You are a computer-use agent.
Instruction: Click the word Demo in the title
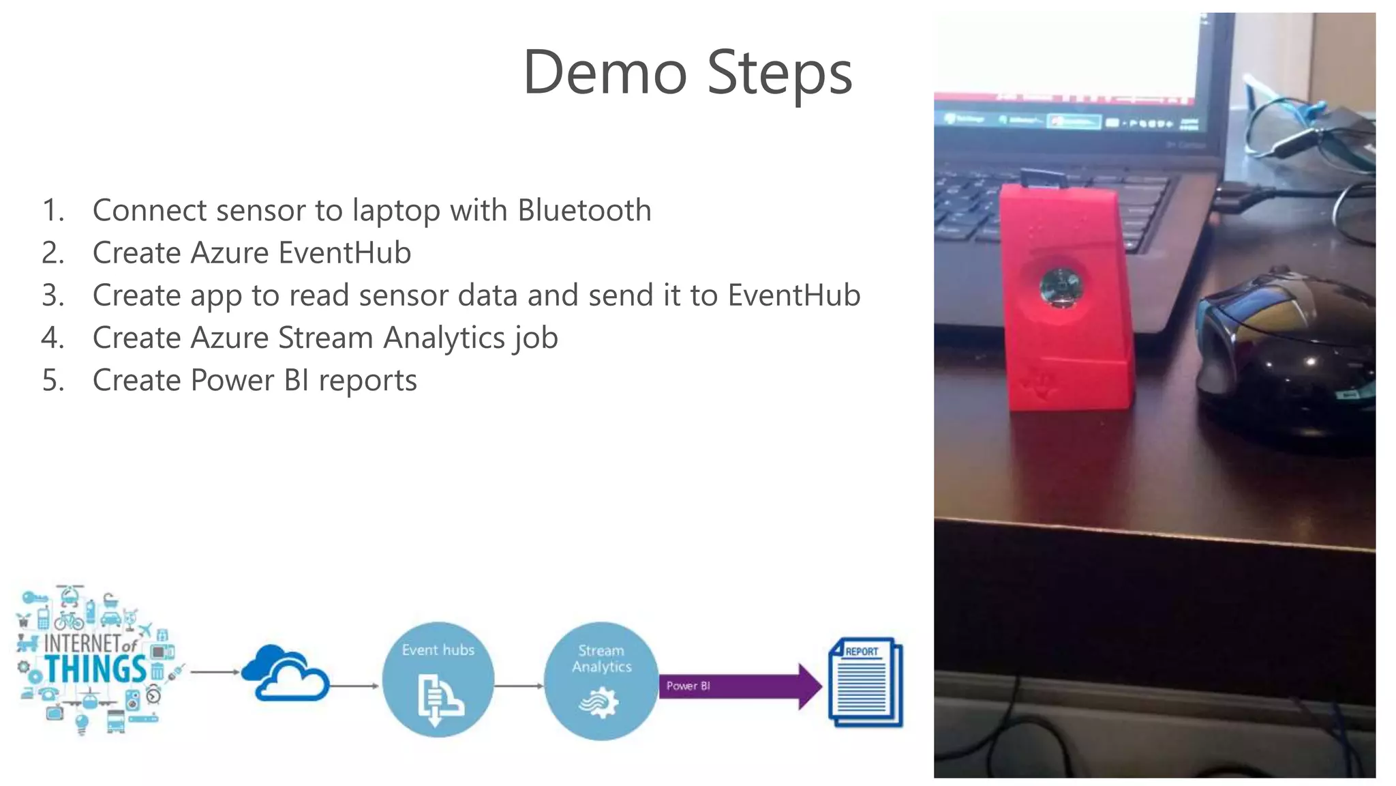[x=605, y=73]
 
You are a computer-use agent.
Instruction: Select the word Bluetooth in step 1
[x=584, y=210]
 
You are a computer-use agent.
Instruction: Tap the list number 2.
[x=52, y=253]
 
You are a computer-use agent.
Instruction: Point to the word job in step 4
[x=536, y=338]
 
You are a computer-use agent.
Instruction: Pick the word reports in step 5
[x=367, y=381]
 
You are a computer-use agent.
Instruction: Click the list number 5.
[x=52, y=381]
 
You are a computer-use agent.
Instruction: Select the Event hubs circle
[x=438, y=680]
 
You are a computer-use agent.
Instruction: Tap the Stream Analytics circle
[x=601, y=681]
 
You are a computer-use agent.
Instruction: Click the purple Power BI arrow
[x=740, y=686]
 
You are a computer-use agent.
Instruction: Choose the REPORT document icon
[x=865, y=682]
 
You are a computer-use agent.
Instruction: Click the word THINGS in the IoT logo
[x=95, y=669]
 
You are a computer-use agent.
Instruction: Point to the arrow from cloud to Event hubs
[x=354, y=686]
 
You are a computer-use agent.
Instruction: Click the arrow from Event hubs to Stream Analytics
[x=518, y=686]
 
